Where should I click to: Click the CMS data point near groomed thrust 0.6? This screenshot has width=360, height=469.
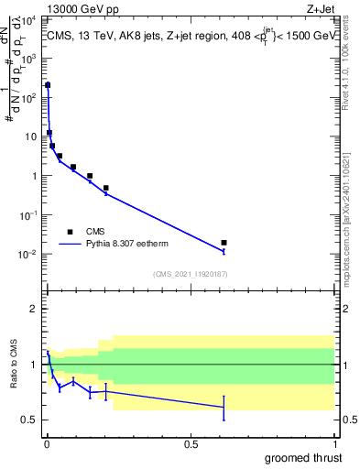pyautogui.click(x=224, y=243)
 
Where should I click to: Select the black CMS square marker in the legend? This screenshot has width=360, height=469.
pyautogui.click(x=70, y=232)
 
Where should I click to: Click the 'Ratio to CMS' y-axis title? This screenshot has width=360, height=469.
pyautogui.click(x=14, y=365)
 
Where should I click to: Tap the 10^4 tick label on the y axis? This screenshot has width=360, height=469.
pyautogui.click(x=29, y=19)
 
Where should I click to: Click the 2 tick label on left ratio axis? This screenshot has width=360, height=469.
pyautogui.click(x=33, y=309)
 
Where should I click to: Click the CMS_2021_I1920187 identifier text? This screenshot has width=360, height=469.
pyautogui.click(x=190, y=274)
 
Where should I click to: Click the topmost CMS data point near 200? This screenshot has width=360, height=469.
pyautogui.click(x=48, y=85)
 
